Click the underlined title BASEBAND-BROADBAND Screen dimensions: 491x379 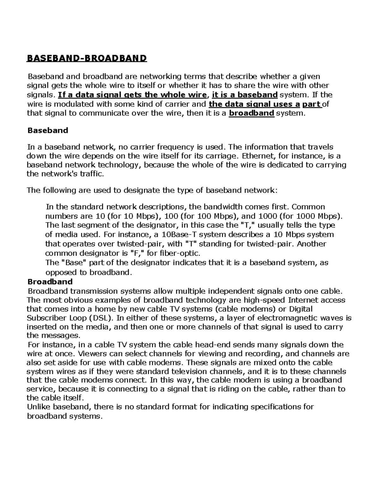[87, 58]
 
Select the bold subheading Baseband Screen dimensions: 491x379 [48, 130]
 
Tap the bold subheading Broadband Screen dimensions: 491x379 [50, 281]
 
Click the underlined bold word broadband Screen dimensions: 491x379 [251, 113]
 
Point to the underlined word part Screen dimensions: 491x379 [312, 104]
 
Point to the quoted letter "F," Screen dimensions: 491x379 [137, 253]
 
